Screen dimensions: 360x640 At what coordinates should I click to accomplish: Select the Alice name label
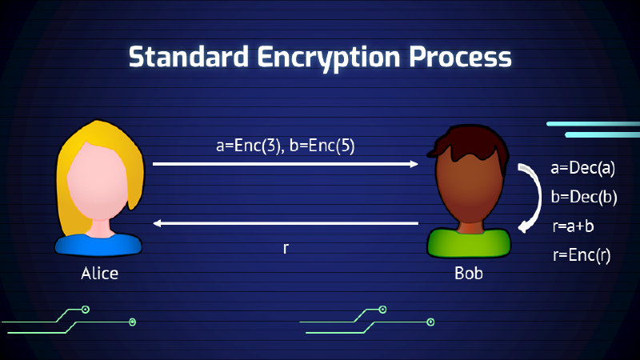100,274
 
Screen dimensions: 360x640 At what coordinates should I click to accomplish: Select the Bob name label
469,274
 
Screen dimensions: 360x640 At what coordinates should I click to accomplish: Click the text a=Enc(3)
248,146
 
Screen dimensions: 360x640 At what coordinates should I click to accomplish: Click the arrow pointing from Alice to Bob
285,164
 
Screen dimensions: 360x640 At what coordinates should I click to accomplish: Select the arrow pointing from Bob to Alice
285,223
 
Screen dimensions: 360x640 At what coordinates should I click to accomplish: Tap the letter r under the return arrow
286,248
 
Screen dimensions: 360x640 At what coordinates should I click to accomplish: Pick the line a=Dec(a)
582,170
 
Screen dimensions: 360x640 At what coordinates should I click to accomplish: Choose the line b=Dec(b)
582,198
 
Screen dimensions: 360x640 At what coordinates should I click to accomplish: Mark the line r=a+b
573,226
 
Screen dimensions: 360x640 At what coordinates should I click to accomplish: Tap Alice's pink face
100,188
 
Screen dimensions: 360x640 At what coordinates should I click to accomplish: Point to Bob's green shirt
469,244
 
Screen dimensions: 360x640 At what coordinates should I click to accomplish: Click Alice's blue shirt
100,243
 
